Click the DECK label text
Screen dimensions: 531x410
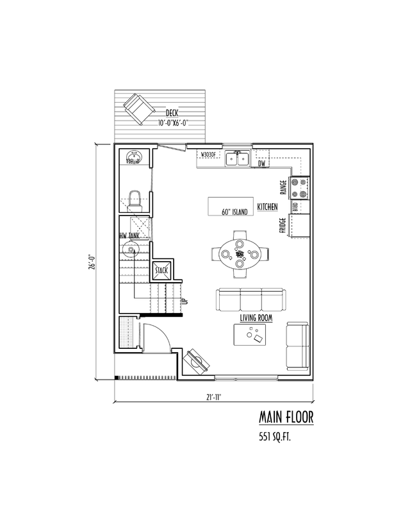coord(171,114)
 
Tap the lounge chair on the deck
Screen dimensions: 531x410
coord(137,107)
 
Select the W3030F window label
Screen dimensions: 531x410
coord(209,155)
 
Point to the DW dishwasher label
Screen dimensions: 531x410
coord(261,164)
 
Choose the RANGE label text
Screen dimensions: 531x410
coord(283,187)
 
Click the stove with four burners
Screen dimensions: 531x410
coord(298,187)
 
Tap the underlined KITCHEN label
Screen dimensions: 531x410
coord(267,208)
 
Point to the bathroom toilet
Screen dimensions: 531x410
coord(135,199)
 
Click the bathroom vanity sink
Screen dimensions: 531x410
coord(134,157)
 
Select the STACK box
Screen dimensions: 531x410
coord(161,271)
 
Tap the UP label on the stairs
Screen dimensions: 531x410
coord(184,301)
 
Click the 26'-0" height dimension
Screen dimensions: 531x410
coord(94,262)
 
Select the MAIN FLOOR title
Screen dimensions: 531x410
coord(286,417)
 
